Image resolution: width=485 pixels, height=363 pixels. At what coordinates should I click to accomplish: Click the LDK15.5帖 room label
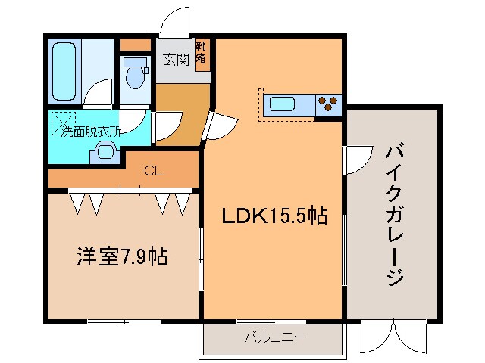[274, 217]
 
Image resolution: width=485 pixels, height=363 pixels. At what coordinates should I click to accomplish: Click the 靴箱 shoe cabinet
[202, 55]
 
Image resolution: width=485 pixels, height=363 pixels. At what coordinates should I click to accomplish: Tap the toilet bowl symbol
[136, 76]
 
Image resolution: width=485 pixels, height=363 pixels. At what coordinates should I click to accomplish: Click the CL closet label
[153, 171]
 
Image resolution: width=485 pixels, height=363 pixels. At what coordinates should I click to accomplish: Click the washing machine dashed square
[64, 123]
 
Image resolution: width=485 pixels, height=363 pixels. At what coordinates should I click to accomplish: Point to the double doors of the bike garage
[393, 334]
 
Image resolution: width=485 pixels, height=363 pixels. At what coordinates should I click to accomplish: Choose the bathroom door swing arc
[98, 95]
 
